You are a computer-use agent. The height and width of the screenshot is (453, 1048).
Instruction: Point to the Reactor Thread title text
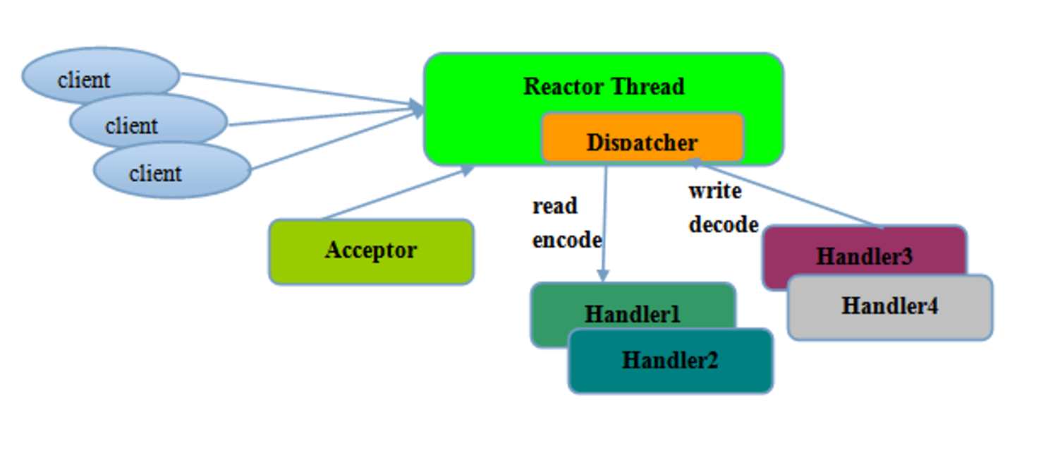(604, 87)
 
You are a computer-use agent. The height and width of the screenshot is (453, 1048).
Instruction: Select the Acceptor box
(371, 251)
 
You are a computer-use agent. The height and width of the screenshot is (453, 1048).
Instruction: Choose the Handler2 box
(670, 361)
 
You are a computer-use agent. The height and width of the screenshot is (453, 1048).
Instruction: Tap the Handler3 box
(864, 255)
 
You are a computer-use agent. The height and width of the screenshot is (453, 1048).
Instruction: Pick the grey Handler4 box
(889, 307)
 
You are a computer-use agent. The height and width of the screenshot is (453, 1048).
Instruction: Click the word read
(554, 206)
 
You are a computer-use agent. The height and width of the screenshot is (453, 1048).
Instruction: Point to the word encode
(566, 240)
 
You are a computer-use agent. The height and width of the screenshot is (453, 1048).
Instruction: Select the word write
(714, 191)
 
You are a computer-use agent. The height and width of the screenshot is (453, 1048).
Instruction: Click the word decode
(723, 224)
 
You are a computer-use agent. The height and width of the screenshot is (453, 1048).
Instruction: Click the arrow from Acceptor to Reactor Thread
(395, 194)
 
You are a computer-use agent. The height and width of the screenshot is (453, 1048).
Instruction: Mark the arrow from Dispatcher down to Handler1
(604, 226)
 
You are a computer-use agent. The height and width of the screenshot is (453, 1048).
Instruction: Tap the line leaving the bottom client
(331, 141)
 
